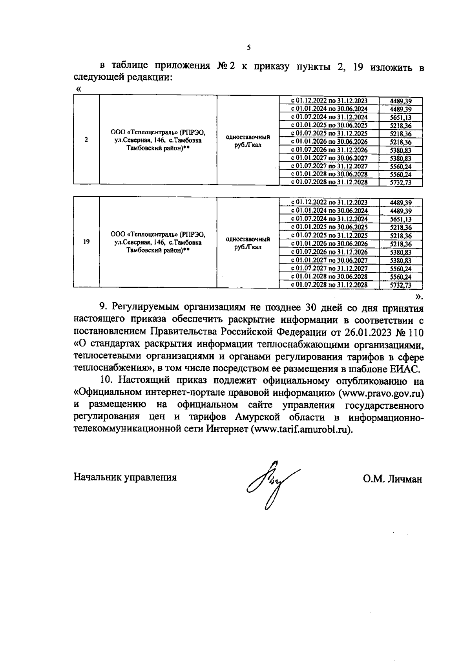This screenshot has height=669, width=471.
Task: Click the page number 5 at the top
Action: [248, 48]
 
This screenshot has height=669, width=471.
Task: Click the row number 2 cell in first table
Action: [86, 140]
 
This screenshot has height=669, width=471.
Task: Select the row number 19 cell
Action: [86, 241]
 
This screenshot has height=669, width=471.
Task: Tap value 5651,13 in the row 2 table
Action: [400, 117]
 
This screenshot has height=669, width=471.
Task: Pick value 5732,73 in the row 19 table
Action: [400, 285]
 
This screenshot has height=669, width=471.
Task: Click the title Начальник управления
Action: [125, 477]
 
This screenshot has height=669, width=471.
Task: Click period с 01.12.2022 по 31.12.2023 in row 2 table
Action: [329, 101]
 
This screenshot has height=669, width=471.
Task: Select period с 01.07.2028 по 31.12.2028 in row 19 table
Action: [329, 285]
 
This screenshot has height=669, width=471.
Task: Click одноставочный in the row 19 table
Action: [248, 239]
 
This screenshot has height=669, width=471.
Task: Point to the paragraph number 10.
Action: [106, 380]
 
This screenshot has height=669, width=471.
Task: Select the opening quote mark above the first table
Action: [78, 90]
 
